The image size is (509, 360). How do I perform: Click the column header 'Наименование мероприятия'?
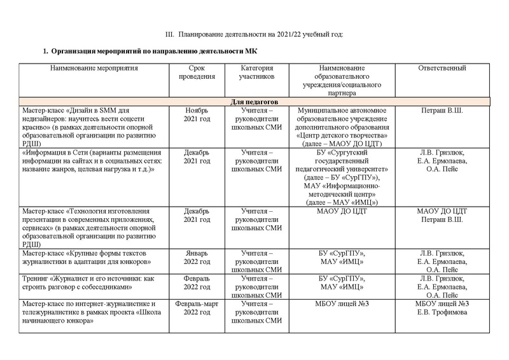[94, 68]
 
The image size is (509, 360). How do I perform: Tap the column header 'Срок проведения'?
[197, 73]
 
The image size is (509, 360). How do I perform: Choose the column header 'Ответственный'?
[443, 68]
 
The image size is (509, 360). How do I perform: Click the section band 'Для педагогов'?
[253, 102]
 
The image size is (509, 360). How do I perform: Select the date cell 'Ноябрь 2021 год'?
[197, 114]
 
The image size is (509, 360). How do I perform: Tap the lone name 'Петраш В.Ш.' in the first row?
[443, 110]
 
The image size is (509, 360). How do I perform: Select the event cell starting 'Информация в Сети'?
[94, 161]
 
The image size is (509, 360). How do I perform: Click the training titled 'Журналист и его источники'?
[94, 282]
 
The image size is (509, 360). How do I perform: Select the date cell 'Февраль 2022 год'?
[197, 282]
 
